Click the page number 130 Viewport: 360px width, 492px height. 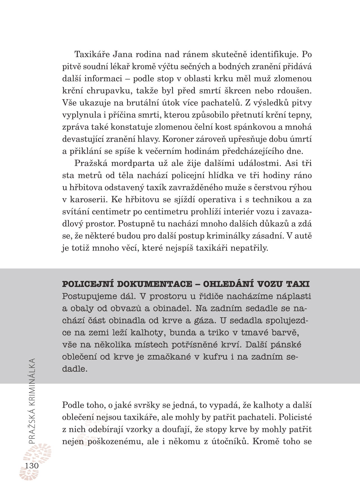(x=31, y=465)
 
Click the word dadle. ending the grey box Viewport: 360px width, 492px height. (x=75, y=369)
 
